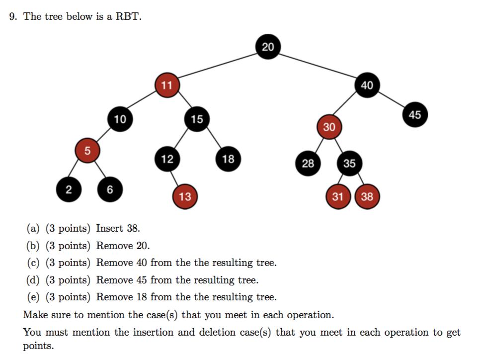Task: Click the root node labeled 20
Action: [x=268, y=47]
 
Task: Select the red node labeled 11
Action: [x=166, y=85]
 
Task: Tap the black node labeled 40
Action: [x=367, y=85]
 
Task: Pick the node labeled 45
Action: [x=415, y=115]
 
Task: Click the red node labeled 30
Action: [x=329, y=127]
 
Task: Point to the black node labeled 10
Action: [x=120, y=119]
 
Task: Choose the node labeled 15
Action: [x=197, y=119]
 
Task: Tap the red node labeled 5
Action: [x=87, y=151]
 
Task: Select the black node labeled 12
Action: [x=167, y=159]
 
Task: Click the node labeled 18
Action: [x=228, y=159]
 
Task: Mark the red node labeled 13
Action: [x=185, y=196]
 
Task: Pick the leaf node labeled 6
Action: [x=110, y=189]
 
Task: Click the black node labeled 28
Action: [x=308, y=163]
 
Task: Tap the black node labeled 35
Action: [x=349, y=163]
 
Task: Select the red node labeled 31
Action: [x=338, y=196]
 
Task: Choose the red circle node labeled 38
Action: [x=367, y=196]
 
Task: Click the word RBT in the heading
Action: [x=128, y=16]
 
